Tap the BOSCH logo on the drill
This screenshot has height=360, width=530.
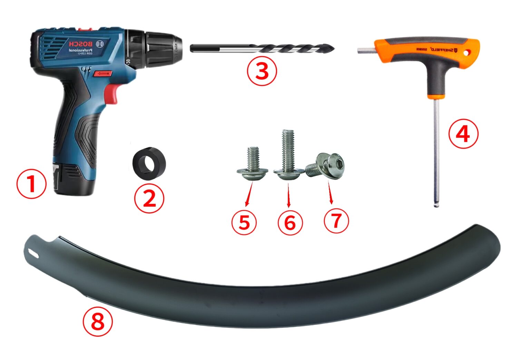[81, 44]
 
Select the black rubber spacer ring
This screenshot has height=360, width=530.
[149, 164]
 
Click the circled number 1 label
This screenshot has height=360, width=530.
[31, 184]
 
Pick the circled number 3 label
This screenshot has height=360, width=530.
[262, 71]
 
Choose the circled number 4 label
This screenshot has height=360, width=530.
[463, 134]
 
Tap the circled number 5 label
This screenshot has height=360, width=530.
[244, 222]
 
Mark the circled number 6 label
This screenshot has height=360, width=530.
[290, 223]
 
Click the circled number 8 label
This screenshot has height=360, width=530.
[98, 322]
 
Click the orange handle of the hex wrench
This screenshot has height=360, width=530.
[428, 52]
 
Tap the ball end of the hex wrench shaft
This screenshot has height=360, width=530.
[436, 204]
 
